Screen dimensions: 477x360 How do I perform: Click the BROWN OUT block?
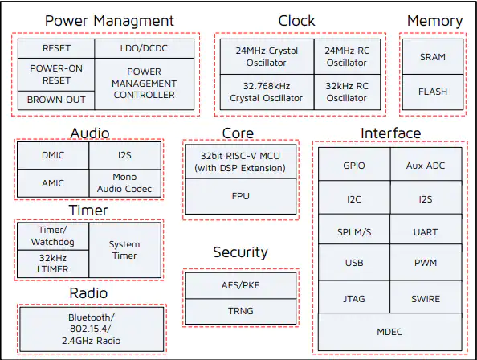56,100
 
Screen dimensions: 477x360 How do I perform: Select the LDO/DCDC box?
145,48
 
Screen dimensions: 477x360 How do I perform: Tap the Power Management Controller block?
145,84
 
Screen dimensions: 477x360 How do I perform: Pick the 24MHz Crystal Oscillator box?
267,56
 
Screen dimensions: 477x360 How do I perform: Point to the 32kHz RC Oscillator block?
347,92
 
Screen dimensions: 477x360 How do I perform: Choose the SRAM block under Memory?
433,56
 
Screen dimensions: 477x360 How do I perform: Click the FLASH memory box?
433,92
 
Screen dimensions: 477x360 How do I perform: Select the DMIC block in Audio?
53,156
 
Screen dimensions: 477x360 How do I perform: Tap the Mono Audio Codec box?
125,183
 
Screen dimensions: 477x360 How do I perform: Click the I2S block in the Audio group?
125,156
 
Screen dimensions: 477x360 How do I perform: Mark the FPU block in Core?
241,196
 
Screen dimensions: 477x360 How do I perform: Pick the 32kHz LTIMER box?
53,264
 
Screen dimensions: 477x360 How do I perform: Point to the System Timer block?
125,250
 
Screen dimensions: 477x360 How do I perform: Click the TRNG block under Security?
241,311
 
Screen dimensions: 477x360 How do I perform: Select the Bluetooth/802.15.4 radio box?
92,329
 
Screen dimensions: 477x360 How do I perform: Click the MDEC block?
390,332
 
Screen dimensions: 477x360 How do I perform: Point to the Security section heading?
240,252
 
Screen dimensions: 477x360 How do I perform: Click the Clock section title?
296,21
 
